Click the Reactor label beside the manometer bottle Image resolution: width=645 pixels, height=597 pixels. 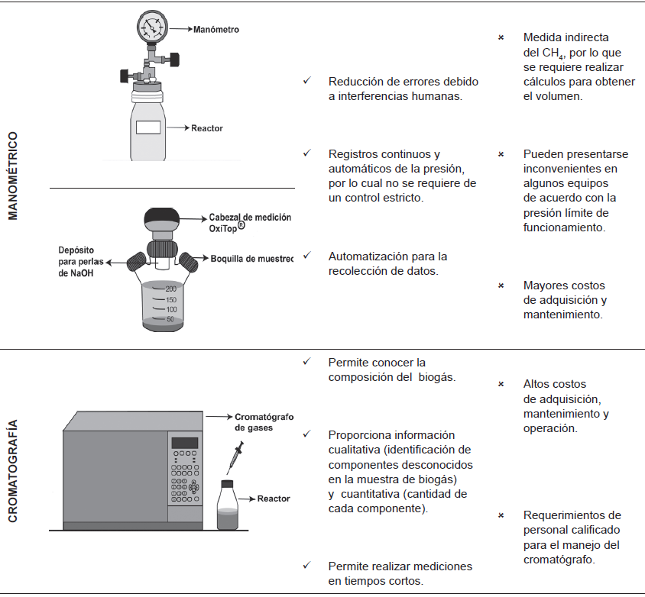pos(206,128)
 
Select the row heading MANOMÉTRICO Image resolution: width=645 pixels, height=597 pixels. pos(13,176)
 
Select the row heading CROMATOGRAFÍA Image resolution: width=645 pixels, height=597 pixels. pos(13,471)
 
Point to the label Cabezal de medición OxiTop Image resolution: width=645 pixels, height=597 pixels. pos(250,222)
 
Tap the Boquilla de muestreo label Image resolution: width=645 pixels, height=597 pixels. pos(251,258)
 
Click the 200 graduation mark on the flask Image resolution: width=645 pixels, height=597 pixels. pos(170,289)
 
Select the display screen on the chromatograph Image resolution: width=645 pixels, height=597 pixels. pos(185,444)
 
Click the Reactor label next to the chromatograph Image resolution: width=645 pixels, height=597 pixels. pos(274,499)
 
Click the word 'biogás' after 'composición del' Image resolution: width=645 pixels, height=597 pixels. pos(437,377)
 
